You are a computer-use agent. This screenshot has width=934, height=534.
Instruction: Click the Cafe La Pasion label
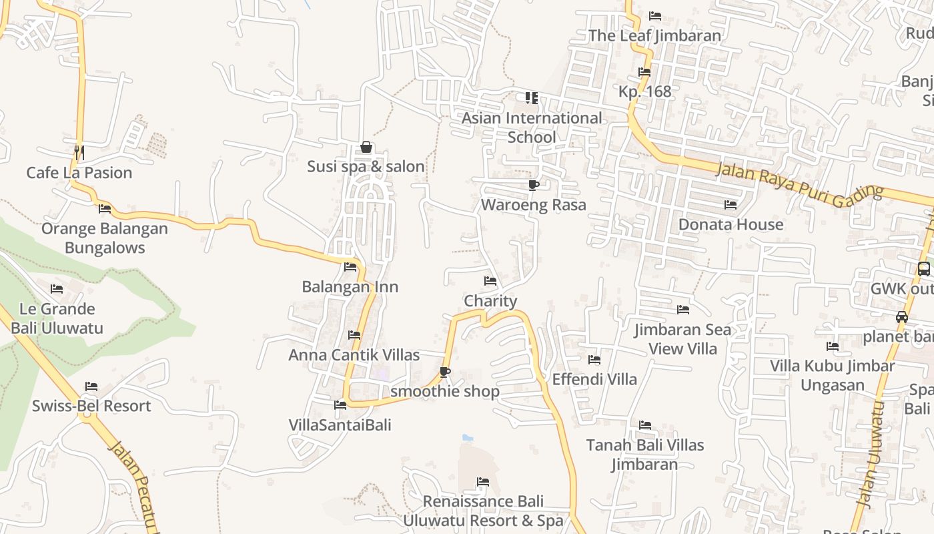79,173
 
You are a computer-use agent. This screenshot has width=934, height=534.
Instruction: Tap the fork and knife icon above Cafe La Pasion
79,153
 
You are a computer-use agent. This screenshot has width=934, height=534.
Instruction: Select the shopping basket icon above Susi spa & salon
366,148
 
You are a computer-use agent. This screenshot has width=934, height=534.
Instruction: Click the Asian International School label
532,127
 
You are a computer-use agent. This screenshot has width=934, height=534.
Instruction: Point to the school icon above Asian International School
532,98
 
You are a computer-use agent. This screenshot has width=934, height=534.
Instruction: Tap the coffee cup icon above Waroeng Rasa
533,185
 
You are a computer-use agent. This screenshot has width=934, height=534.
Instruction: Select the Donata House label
731,224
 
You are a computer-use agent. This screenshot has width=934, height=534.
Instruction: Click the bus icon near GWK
924,269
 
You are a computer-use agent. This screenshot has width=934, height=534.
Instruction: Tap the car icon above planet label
902,317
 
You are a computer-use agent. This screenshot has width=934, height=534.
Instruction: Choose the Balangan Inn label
350,287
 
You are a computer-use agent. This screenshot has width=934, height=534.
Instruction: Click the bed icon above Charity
490,281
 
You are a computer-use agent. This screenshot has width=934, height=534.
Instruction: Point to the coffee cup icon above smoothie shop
445,372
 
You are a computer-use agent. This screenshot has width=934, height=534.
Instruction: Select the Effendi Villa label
594,379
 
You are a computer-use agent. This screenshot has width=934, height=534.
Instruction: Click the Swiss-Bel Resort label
91,406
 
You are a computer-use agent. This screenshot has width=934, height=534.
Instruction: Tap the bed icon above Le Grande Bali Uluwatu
57,289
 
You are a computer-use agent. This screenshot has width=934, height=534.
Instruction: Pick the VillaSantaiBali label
340,425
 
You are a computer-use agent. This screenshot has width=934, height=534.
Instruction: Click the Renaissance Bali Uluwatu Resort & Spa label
483,511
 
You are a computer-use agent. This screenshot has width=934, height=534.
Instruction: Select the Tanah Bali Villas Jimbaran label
645,455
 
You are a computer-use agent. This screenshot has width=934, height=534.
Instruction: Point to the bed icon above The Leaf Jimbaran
655,16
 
